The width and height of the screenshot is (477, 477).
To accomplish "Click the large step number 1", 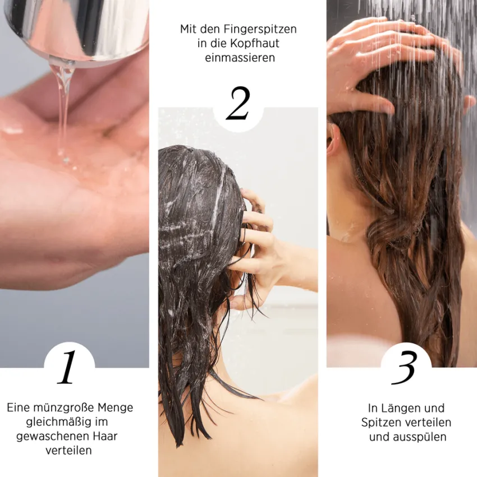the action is [x=67, y=367].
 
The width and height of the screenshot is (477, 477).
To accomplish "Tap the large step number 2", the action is [x=238, y=103].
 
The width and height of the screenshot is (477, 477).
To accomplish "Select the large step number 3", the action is [x=404, y=368].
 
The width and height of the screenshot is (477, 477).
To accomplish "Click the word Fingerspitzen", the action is [x=260, y=30].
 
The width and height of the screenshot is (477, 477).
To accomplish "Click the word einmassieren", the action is [x=240, y=58].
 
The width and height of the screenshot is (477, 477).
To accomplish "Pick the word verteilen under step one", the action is [x=68, y=451].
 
